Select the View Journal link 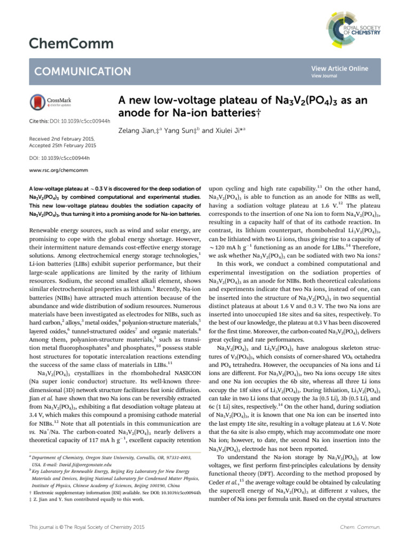tap(325, 76)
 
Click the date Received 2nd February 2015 tap(61, 138)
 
